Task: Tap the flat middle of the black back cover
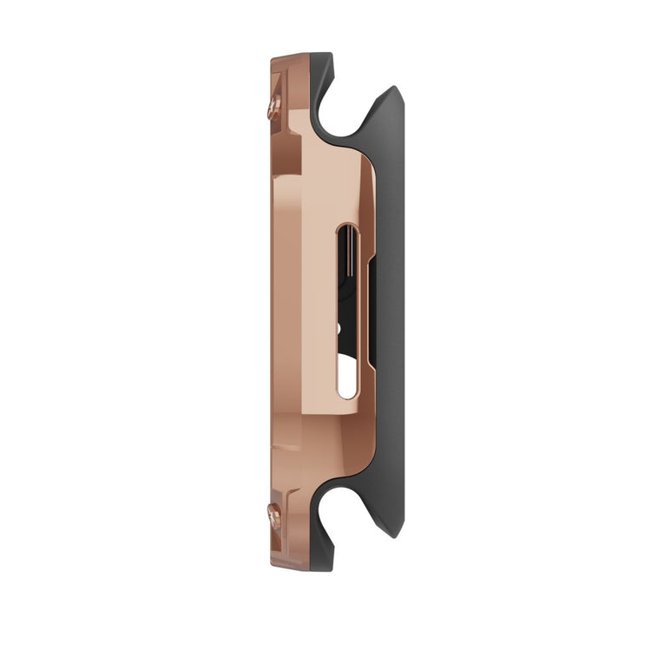click(391, 312)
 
